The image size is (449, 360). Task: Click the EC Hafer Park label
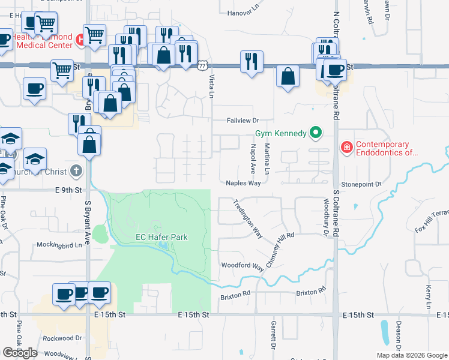(x=161, y=237)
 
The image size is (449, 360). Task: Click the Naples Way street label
(x=243, y=183)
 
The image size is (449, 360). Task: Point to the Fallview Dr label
(x=243, y=121)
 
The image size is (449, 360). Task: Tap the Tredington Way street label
(x=248, y=217)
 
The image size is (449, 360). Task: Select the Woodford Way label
(x=243, y=265)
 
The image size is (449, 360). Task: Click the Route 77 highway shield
(x=204, y=65)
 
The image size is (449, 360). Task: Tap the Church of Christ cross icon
(x=76, y=171)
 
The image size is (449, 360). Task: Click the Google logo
(x=20, y=353)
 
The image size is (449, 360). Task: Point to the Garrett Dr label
(x=273, y=336)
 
